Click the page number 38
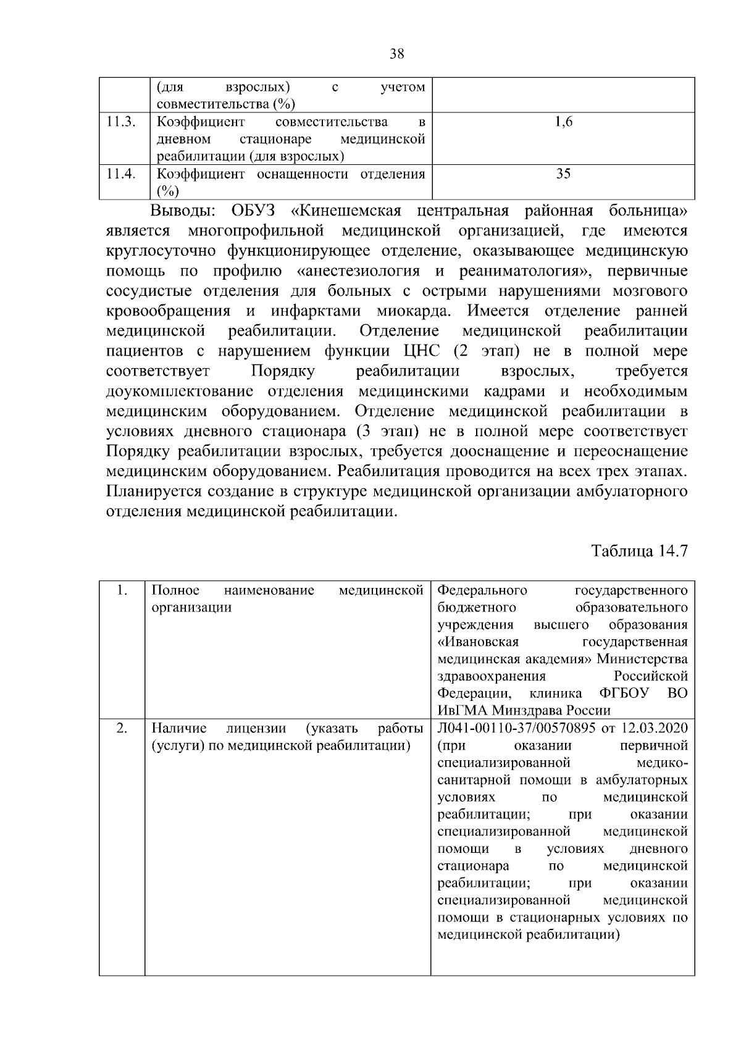pyautogui.click(x=397, y=54)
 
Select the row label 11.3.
pyautogui.click(x=120, y=122)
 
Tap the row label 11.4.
pyautogui.click(x=120, y=174)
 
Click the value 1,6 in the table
pyautogui.click(x=563, y=122)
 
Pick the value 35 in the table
pyautogui.click(x=563, y=174)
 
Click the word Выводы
pyautogui.click(x=183, y=211)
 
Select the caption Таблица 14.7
pyautogui.click(x=639, y=550)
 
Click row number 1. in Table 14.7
pyautogui.click(x=122, y=590)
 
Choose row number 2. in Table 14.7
pyautogui.click(x=122, y=729)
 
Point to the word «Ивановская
pyautogui.click(x=478, y=642)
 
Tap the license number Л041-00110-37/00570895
pyautogui.click(x=516, y=728)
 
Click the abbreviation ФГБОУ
pyautogui.click(x=624, y=693)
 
